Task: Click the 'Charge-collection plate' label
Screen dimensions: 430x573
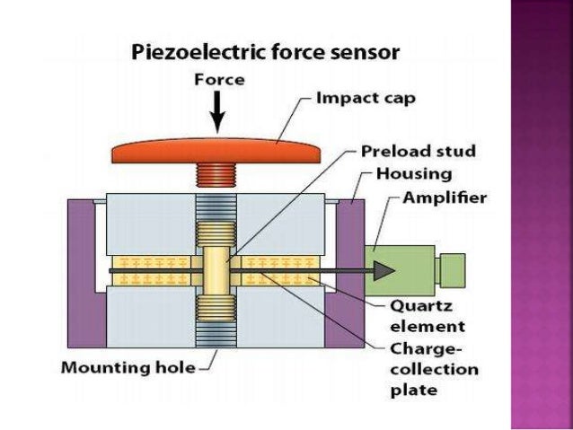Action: [434, 369]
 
